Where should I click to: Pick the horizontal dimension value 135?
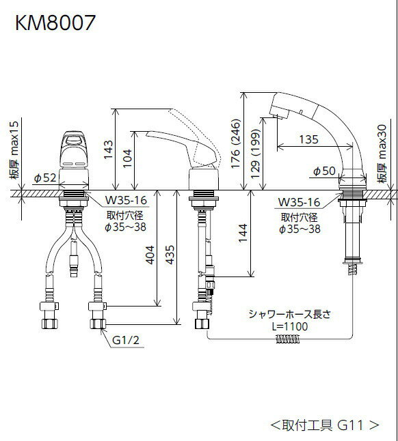click(310, 139)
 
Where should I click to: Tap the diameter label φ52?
click(44, 177)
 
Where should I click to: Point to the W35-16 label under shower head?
click(299, 202)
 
